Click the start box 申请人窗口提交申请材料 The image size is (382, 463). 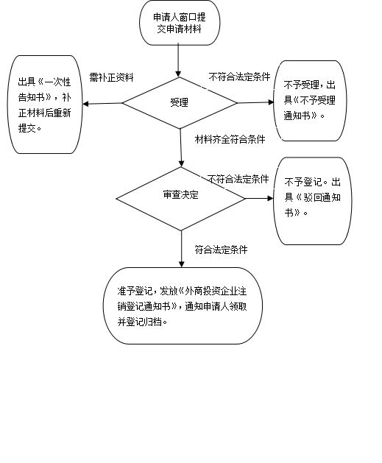click(180, 23)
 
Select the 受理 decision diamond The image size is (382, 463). click(180, 103)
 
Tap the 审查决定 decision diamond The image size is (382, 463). click(180, 199)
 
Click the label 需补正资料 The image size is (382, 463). click(112, 77)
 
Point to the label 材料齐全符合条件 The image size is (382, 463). click(230, 139)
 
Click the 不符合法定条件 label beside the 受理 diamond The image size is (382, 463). click(239, 77)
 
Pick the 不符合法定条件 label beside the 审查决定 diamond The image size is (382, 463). click(238, 179)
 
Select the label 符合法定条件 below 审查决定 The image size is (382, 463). click(221, 250)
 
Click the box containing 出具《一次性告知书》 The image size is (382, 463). click(45, 105)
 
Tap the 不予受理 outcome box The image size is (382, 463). click(310, 101)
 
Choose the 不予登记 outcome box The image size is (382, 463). click(313, 201)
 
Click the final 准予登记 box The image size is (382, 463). click(183, 305)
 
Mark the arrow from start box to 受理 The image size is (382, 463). click(178, 60)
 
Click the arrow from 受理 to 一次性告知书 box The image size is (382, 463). click(102, 103)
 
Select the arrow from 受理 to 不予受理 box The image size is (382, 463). click(255, 102)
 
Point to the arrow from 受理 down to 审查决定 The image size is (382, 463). click(180, 148)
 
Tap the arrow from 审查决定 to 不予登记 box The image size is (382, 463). click(259, 199)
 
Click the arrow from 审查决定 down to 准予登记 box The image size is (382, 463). click(182, 249)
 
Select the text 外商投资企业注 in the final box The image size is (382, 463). click(216, 291)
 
